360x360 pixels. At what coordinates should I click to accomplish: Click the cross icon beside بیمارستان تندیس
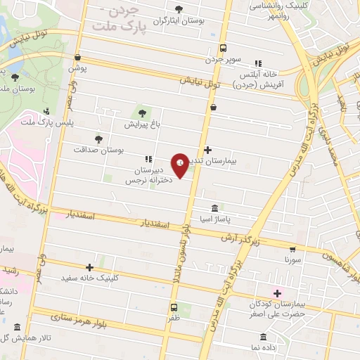[x=207, y=150]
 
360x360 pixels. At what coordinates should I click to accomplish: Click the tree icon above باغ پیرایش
[x=142, y=112]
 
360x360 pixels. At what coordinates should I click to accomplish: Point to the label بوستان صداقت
[x=99, y=150]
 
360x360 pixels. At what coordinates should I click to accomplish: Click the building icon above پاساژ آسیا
[x=214, y=209]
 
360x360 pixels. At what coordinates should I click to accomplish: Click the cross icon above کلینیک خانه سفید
[x=89, y=267]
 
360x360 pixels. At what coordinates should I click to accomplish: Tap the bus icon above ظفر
[x=173, y=307]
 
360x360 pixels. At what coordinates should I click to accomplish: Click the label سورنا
[x=292, y=259]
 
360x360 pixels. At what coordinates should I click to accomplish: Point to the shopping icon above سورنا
[x=292, y=249]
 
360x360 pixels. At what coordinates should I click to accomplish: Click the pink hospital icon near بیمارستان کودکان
[x=277, y=292]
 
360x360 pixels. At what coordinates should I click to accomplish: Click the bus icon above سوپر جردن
[x=223, y=49]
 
